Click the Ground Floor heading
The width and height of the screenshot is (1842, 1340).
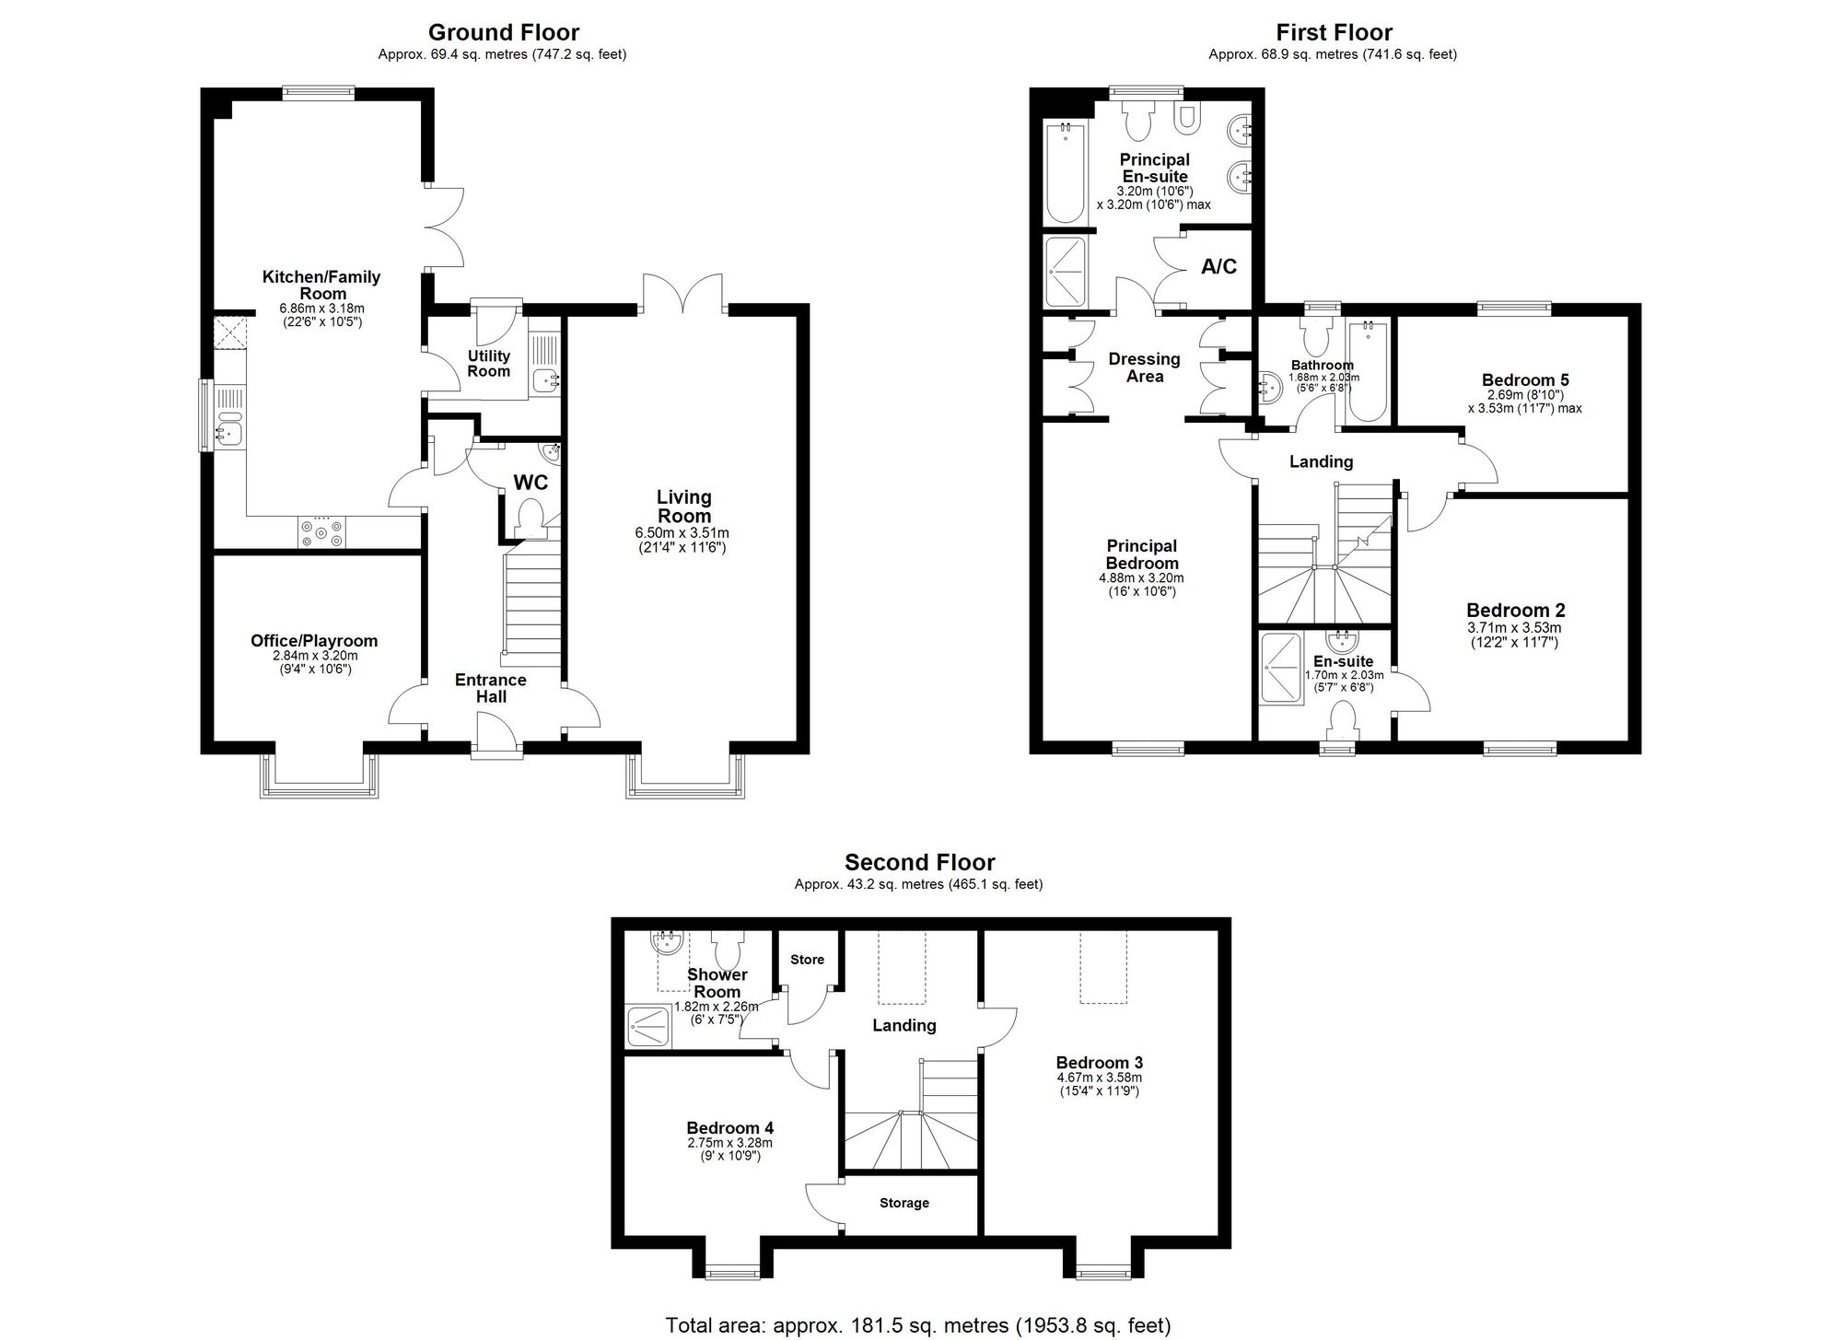503,33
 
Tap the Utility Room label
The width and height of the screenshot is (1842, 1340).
488,363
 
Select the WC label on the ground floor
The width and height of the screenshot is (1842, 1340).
530,483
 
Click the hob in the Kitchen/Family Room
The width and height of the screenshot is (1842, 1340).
321,531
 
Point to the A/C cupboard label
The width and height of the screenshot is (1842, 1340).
1218,267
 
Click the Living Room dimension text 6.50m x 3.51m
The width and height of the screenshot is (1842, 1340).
682,533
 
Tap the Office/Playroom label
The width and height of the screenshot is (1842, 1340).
314,641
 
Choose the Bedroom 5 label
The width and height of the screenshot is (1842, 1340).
1525,379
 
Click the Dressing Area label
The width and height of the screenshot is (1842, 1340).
1144,367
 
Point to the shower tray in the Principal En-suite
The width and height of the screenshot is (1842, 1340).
1066,272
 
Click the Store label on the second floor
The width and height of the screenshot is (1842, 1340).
807,960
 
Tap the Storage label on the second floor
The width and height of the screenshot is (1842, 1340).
904,1203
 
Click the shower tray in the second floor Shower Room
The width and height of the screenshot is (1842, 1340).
649,1026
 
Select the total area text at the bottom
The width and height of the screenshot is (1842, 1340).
918,1325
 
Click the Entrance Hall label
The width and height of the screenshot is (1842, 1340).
491,688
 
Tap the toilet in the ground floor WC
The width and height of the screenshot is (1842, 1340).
530,518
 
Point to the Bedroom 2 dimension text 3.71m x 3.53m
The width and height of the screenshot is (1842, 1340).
1514,628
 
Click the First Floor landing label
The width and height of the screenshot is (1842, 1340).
1321,462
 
